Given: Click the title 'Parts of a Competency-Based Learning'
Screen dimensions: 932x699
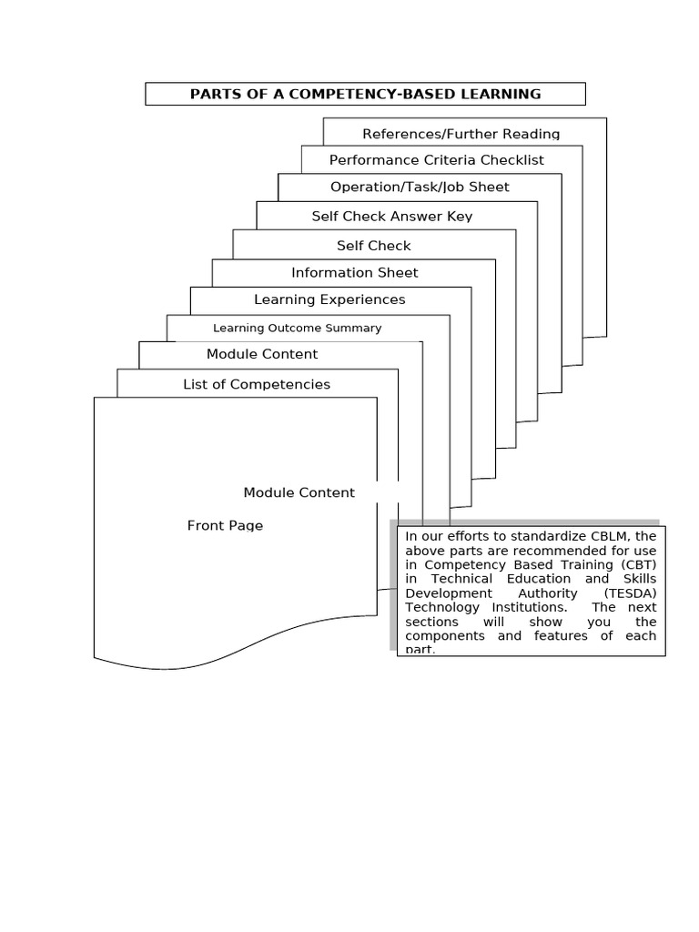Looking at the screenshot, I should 365,94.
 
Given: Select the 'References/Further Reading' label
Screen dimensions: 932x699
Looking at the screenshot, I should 461,134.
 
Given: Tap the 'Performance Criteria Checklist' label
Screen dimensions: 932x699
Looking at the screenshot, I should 436,160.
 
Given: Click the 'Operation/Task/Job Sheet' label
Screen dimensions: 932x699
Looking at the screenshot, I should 420,187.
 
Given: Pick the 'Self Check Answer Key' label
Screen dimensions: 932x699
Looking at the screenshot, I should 391,217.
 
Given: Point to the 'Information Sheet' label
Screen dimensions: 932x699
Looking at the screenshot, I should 355,272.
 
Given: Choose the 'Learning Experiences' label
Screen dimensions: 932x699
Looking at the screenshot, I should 329,299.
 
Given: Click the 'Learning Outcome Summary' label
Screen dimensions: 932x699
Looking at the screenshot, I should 297,328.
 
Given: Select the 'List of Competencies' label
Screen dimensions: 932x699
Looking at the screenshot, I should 257,384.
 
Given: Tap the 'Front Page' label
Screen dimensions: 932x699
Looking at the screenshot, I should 225,525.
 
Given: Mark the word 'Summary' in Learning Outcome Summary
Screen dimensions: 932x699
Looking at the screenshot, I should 358,328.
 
